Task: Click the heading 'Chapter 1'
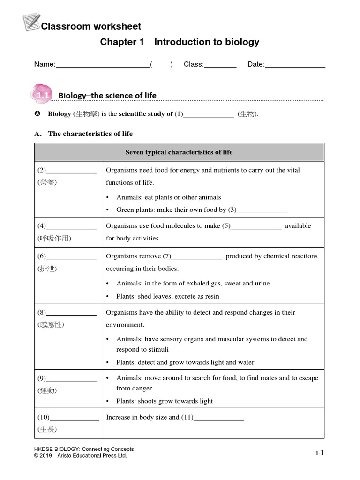[x=122, y=42]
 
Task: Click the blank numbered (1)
[x=208, y=115]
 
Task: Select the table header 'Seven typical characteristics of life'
[x=179, y=152]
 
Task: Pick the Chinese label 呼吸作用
[x=54, y=239]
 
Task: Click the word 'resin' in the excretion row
[x=211, y=297]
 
